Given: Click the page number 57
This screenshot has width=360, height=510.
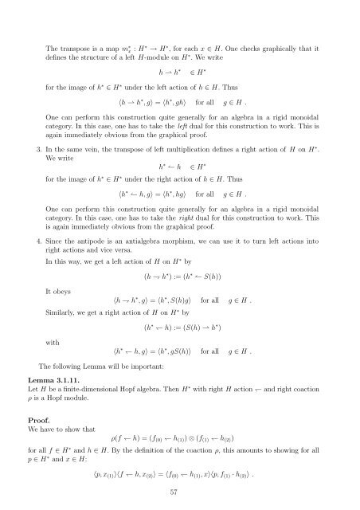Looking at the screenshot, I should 179,492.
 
